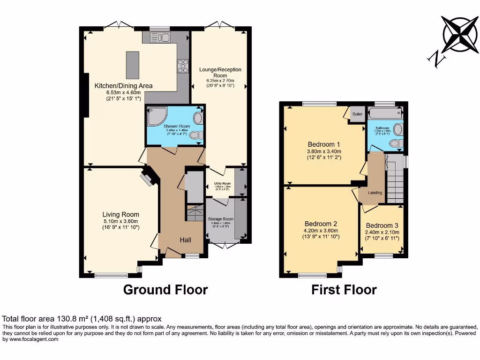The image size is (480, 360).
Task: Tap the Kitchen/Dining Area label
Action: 123,86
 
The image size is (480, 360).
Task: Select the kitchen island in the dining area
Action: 132,65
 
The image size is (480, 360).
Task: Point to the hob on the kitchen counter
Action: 182,66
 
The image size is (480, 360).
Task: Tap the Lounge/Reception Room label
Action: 220,72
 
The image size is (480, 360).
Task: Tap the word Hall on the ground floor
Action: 186,240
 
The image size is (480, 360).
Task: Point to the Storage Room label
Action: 220,219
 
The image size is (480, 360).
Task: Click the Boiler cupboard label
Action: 357,114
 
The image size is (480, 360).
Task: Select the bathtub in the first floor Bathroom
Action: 385,112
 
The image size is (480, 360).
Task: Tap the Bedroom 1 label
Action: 324,144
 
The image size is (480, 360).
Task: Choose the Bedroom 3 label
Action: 382,225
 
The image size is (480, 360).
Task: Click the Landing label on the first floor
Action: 375,193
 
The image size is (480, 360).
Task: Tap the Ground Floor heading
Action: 165,290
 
